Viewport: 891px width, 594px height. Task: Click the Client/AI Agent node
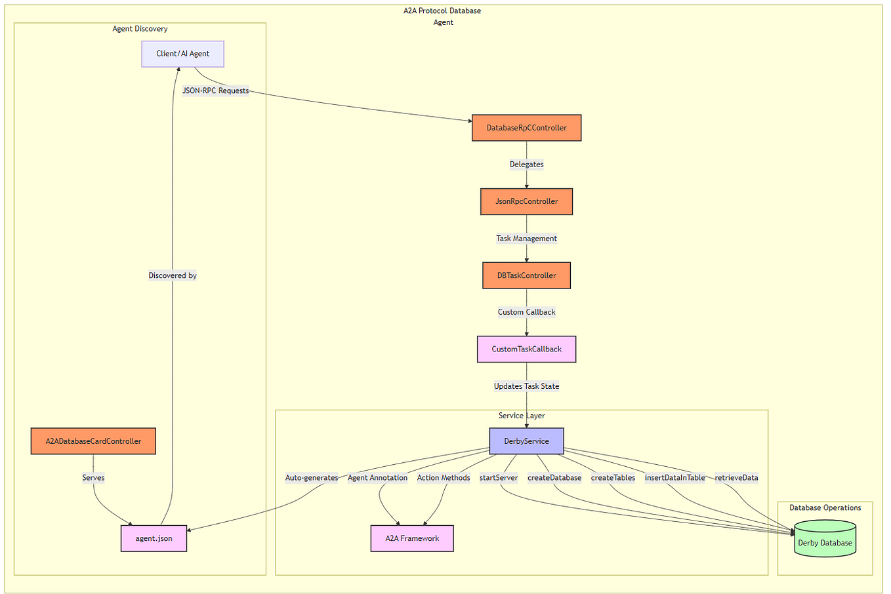coord(182,54)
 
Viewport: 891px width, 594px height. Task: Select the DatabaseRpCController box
coord(526,128)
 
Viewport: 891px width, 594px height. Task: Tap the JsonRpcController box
coord(526,201)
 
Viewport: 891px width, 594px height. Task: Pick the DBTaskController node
coord(526,275)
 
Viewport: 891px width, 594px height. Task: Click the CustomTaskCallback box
coord(526,349)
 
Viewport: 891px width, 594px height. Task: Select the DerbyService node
coord(526,441)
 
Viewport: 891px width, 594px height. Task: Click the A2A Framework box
coord(412,538)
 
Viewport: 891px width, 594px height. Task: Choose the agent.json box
coord(154,538)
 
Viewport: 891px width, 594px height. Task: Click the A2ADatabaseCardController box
coord(93,441)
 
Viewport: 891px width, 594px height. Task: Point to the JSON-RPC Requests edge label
coord(215,90)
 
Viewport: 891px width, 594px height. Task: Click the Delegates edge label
coord(526,164)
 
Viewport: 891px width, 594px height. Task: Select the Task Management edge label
coord(526,238)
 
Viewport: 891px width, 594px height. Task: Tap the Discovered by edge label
coord(173,275)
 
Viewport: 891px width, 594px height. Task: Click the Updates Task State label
coord(526,386)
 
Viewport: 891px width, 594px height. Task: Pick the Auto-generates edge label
coord(312,477)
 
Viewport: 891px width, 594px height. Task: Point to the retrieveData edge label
coord(736,477)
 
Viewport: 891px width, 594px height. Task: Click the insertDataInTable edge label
coord(674,477)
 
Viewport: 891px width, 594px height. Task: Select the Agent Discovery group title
coord(140,29)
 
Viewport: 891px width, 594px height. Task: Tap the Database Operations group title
coord(825,507)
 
